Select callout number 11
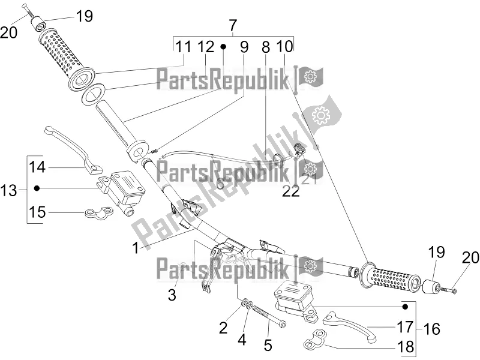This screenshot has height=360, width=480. tap(183, 46)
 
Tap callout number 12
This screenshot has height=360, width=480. tap(205, 46)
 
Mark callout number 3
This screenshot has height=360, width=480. tap(172, 295)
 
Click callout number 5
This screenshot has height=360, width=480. tap(268, 346)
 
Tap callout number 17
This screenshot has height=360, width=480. tap(403, 327)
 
